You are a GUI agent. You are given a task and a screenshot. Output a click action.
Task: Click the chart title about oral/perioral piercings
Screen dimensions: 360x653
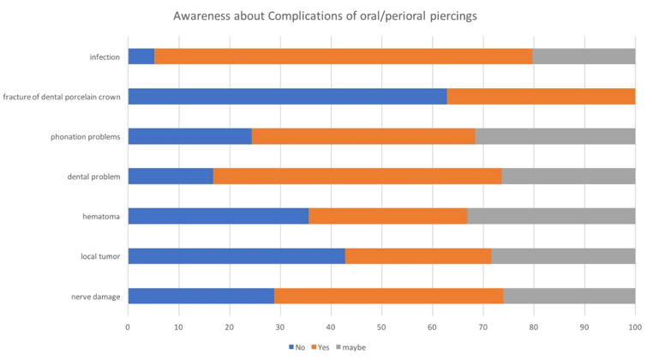[x=326, y=15]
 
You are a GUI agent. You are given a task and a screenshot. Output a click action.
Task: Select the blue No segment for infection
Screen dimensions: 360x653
[x=141, y=57]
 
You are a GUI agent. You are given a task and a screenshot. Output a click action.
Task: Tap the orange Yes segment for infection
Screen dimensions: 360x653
[x=343, y=57]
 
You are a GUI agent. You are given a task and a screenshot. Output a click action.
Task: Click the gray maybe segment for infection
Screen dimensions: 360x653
[x=584, y=57]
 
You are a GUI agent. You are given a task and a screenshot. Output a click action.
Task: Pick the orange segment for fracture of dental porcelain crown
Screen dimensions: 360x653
[x=541, y=96]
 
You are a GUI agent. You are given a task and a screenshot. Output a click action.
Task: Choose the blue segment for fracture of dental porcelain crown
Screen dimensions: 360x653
[x=287, y=96]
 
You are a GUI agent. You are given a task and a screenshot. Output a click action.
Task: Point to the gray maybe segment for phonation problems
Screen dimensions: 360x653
[x=555, y=136]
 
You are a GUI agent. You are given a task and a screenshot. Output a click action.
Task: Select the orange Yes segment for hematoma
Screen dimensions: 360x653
[x=387, y=216]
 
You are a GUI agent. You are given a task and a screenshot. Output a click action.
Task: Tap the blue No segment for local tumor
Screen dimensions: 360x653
[x=237, y=255]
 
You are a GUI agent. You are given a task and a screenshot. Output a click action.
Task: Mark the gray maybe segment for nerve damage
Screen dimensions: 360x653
[x=569, y=296]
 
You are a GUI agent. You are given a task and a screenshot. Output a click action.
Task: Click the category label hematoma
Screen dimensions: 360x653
[x=101, y=216]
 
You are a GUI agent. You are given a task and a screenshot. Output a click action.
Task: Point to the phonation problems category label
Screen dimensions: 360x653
[x=85, y=136]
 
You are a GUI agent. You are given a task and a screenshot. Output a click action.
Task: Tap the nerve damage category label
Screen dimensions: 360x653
[x=95, y=296]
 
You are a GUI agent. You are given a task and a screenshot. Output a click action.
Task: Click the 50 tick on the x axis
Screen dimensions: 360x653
[x=381, y=327]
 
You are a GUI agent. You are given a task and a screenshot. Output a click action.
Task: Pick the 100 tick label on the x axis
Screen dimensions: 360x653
[x=635, y=327]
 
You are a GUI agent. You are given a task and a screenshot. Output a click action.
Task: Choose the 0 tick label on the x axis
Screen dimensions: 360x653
[x=128, y=327]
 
